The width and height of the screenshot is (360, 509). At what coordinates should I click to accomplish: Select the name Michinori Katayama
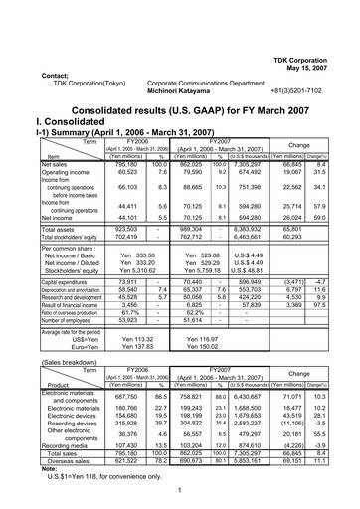pos(186,90)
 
